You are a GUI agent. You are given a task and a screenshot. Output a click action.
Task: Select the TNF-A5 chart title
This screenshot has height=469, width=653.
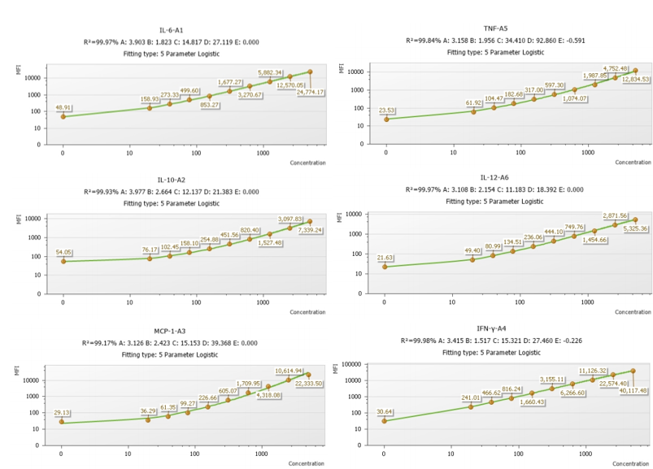(x=495, y=28)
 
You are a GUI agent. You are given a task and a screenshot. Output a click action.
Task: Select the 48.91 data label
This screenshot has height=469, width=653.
(x=63, y=107)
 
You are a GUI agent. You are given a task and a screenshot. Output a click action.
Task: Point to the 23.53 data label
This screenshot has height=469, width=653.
(x=386, y=111)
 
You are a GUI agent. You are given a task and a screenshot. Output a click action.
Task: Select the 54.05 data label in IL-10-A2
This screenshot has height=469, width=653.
(x=63, y=252)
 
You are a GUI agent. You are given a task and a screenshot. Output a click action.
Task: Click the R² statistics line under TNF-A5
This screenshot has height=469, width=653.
(x=495, y=40)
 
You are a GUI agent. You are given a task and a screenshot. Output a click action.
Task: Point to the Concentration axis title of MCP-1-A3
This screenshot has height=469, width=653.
(x=307, y=463)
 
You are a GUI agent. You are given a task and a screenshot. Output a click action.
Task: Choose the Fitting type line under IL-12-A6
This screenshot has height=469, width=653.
(x=494, y=202)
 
